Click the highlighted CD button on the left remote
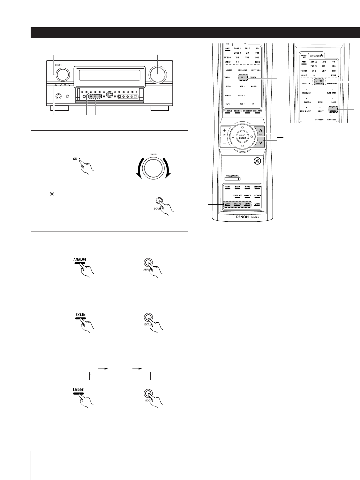coord(243,77)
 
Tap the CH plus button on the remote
coord(224,130)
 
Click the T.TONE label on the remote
coord(257,204)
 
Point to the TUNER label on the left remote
coord(253,77)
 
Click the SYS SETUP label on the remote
coord(227,111)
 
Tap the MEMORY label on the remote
coord(257,187)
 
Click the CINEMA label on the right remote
coord(306,103)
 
